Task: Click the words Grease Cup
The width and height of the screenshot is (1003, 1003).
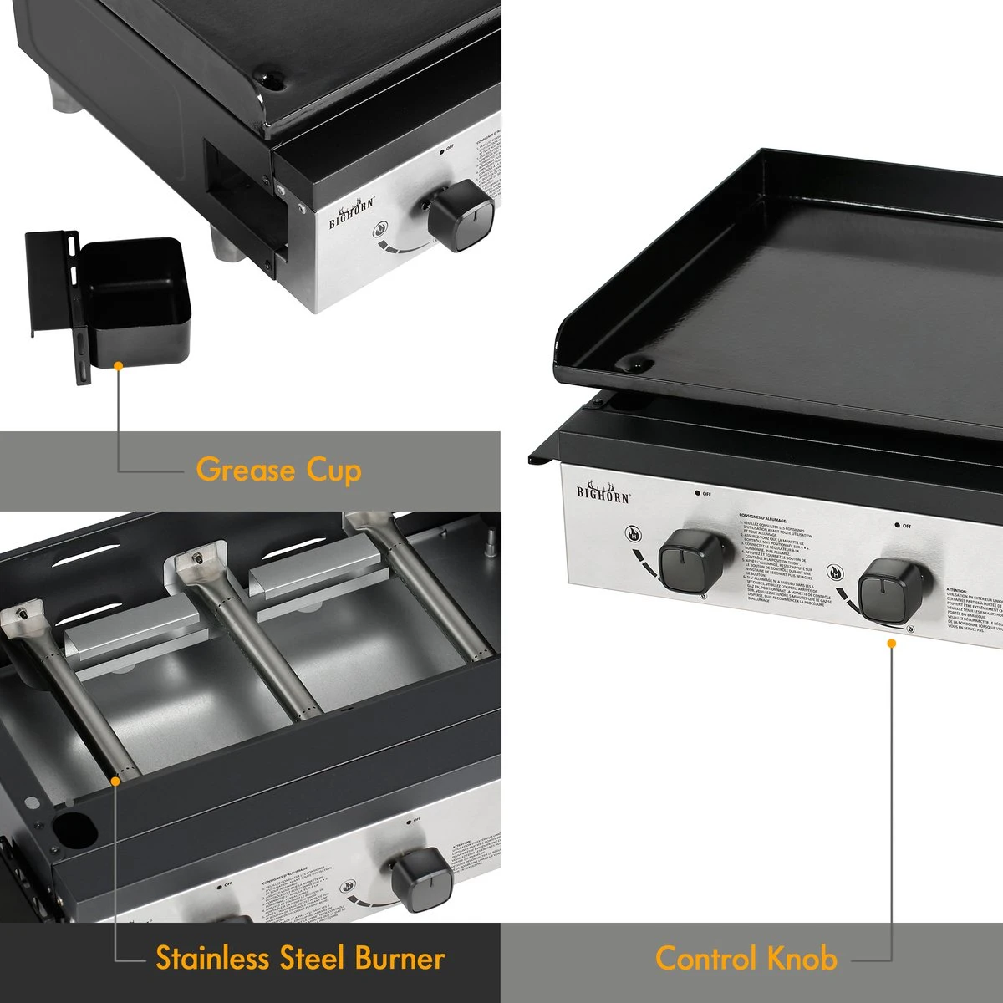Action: (x=278, y=470)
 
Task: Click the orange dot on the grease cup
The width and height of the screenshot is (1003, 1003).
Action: (x=119, y=366)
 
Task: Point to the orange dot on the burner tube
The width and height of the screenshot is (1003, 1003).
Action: (x=116, y=779)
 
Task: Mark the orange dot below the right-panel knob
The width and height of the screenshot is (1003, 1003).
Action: (x=892, y=643)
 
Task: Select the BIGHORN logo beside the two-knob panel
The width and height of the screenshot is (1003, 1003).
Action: (x=603, y=491)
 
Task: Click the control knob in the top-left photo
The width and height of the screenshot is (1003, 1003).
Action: (x=461, y=216)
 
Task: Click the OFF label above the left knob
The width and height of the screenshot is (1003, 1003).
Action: (x=702, y=493)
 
